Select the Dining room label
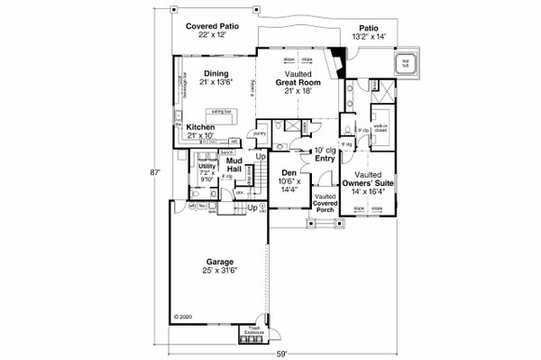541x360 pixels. pyautogui.click(x=215, y=74)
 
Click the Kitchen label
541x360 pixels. pyautogui.click(x=200, y=128)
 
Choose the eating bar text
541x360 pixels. pyautogui.click(x=219, y=112)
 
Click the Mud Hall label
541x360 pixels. pyautogui.click(x=234, y=165)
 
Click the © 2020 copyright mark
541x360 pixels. pyautogui.click(x=183, y=318)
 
